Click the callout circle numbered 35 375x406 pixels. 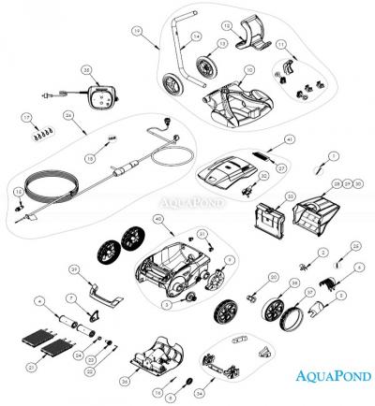pos(86,70)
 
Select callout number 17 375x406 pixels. pos(26,117)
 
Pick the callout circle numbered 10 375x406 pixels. pos(248,70)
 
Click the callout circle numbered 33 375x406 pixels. pos(290,195)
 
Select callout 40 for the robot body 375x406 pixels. pos(157,219)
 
